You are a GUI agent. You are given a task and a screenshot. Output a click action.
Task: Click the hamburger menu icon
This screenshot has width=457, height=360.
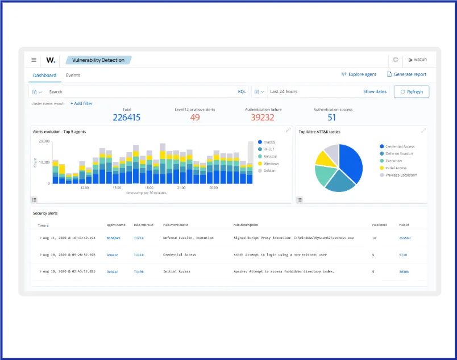coord(34,60)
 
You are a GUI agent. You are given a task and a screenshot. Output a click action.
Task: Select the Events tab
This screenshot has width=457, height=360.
coord(73,75)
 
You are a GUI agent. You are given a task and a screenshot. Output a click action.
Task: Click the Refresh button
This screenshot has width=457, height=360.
coord(412,91)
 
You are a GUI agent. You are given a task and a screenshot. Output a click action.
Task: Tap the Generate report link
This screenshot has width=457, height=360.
coord(406,74)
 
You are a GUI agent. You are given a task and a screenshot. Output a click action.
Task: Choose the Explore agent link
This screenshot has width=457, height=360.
coord(359,74)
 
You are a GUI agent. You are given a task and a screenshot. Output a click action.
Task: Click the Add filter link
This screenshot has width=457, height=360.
coord(81,103)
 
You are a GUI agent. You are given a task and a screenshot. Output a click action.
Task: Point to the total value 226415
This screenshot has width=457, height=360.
coord(126,118)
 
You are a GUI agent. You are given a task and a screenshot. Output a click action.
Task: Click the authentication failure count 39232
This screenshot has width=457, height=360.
coord(263,118)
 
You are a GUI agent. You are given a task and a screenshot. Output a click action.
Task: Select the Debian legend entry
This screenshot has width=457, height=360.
coord(269,170)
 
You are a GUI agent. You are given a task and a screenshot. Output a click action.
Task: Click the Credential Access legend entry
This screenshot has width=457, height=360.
coord(400,146)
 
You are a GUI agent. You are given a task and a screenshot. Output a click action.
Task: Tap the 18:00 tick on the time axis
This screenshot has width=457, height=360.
coord(149,187)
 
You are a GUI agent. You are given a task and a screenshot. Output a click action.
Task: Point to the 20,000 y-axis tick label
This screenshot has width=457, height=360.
coord(44,141)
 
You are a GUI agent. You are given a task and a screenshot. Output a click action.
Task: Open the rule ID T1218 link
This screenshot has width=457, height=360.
coord(139,238)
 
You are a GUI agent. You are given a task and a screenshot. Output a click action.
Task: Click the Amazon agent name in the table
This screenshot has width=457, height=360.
coord(113,255)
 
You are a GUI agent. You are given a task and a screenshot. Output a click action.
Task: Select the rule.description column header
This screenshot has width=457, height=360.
coord(246,225)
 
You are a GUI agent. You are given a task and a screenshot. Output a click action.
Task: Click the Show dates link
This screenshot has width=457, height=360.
coord(375,91)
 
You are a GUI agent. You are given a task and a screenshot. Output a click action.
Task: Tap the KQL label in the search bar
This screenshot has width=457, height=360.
coord(242,91)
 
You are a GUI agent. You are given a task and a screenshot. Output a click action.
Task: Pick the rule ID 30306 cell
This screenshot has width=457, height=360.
coord(404,272)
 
